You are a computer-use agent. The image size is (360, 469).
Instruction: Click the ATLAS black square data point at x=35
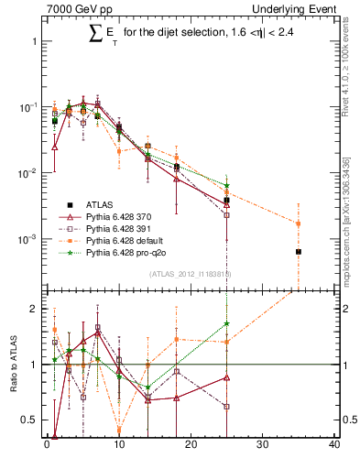point(299,251)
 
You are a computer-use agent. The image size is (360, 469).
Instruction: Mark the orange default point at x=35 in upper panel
point(299,223)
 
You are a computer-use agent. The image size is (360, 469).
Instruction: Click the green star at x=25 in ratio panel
point(226,323)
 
